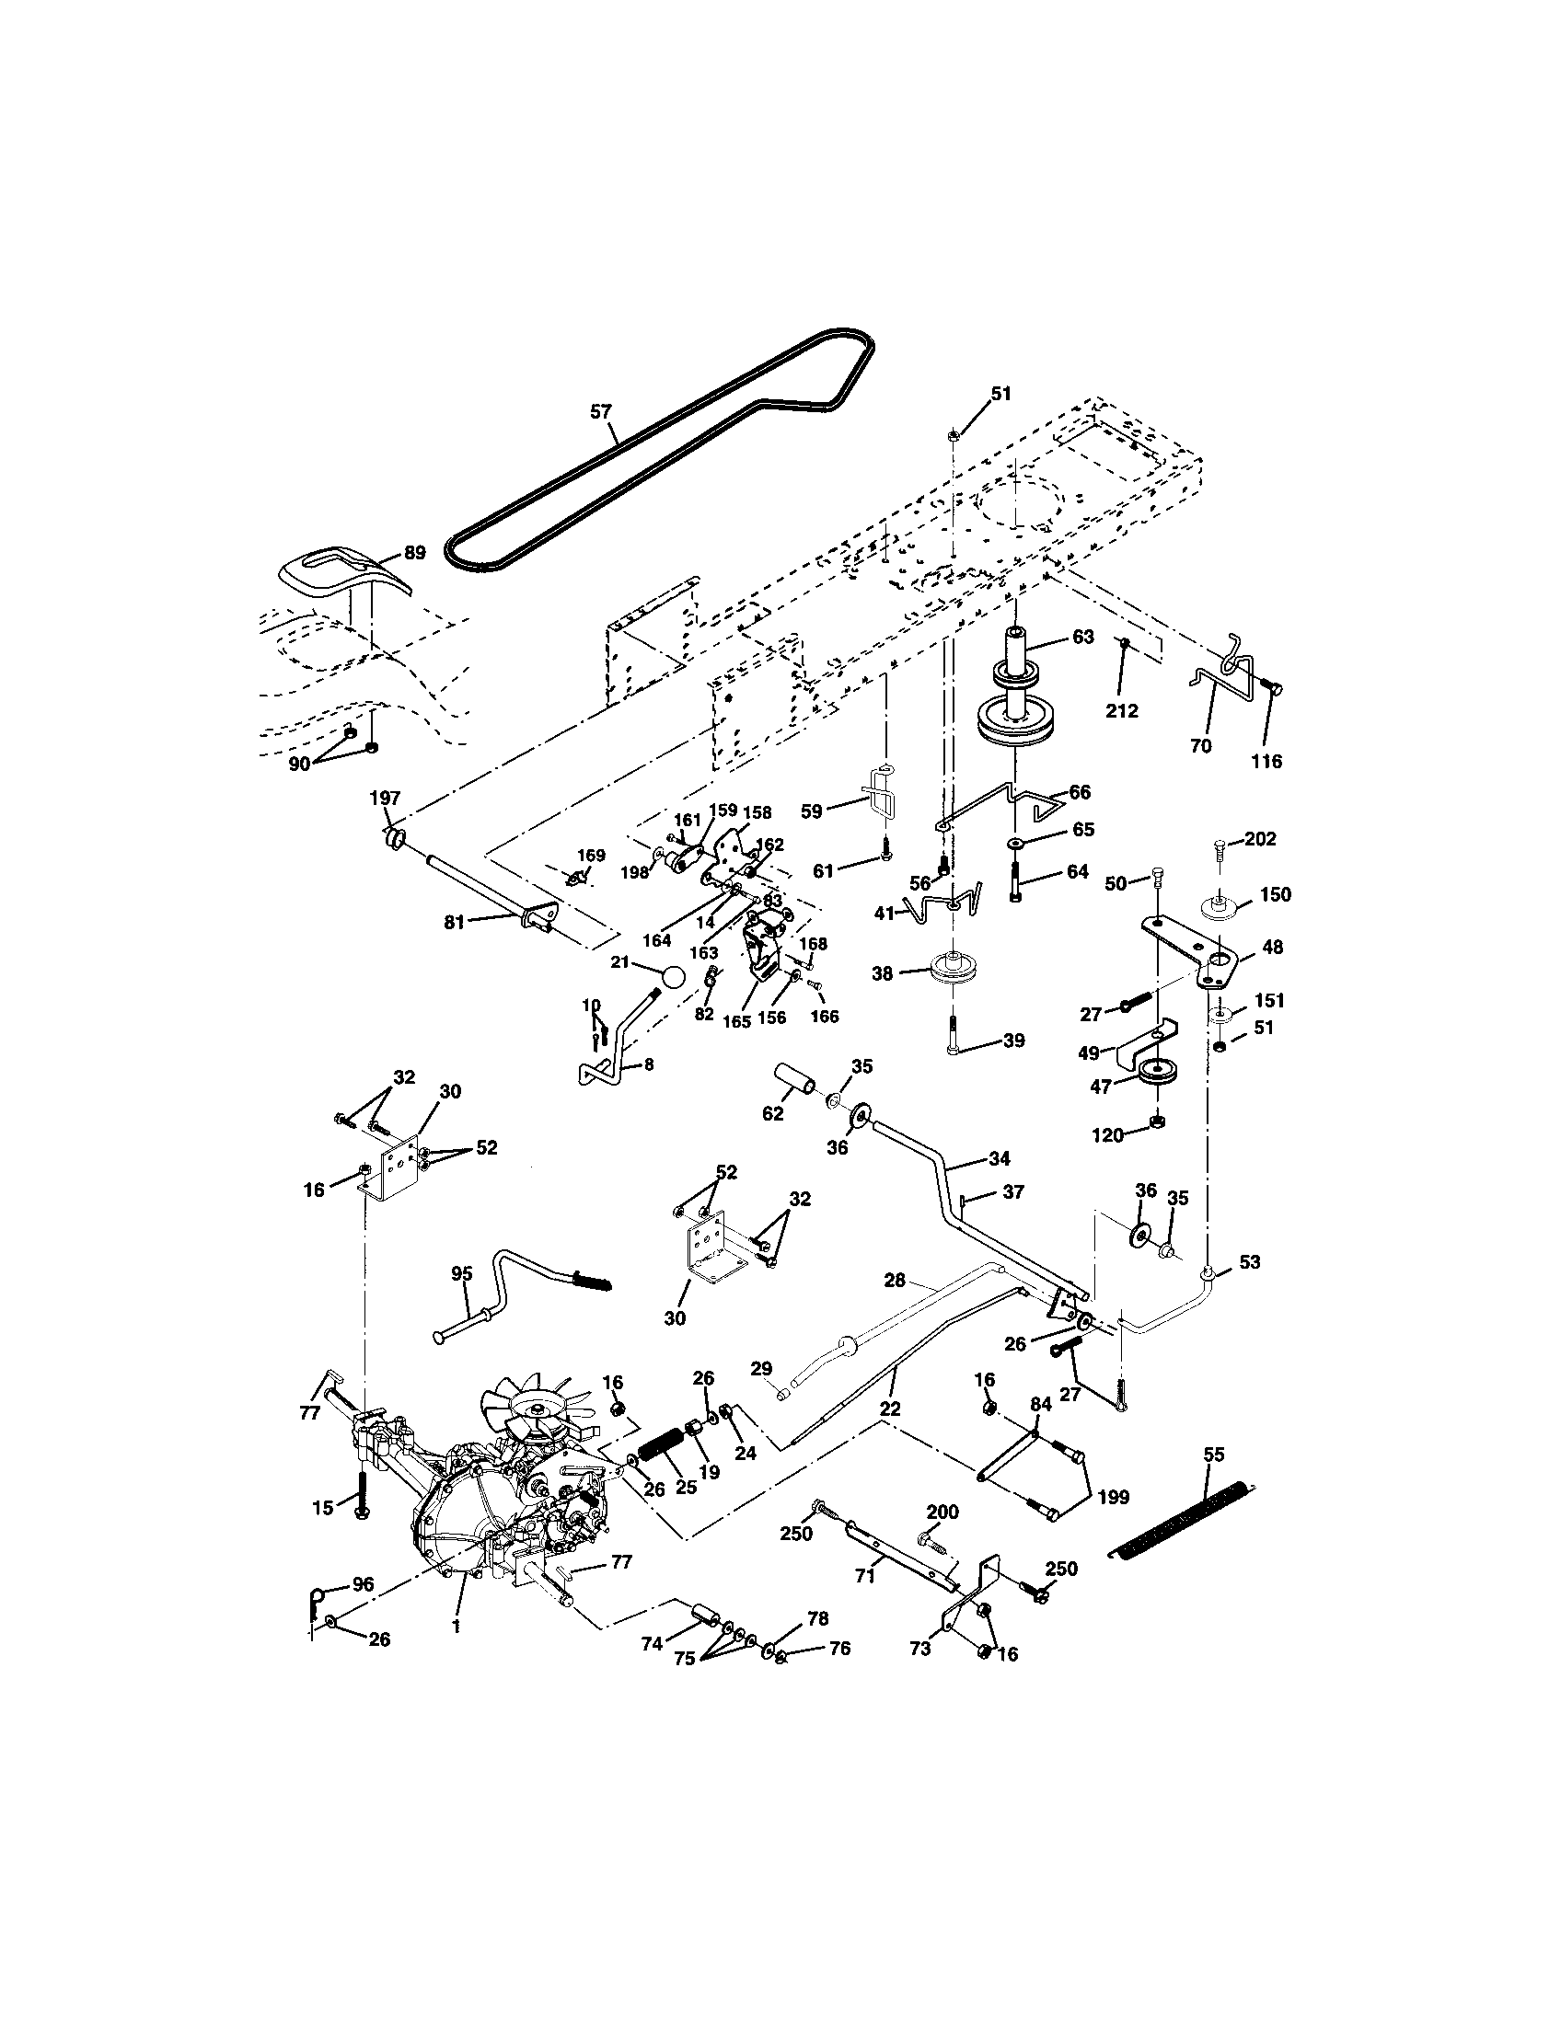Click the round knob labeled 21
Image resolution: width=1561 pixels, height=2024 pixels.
coord(673,976)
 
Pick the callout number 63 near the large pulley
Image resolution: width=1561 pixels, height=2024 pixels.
coord(1082,637)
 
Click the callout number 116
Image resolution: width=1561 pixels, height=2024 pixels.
coord(1266,761)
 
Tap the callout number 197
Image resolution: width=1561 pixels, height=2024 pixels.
coord(385,798)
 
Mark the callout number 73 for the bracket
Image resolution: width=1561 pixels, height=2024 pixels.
coord(920,1649)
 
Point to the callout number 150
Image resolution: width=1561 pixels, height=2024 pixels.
coord(1276,894)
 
